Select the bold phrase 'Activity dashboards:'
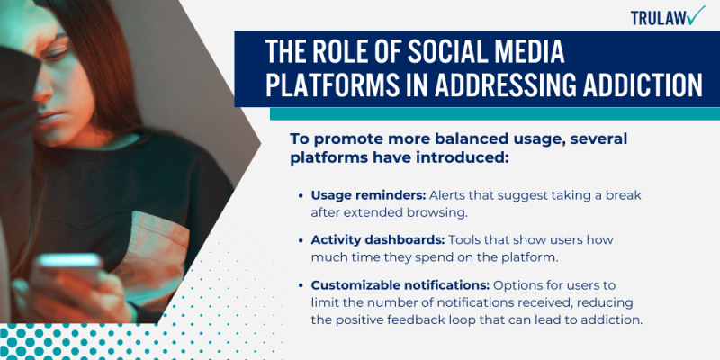click(379, 240)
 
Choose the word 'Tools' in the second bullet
click(469, 240)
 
